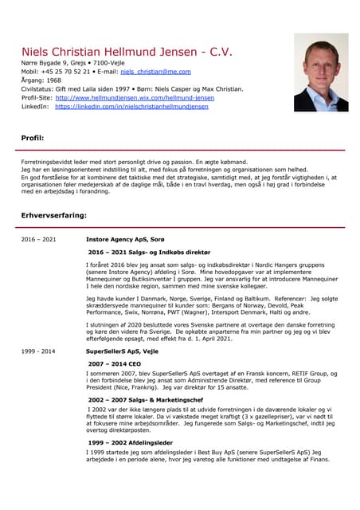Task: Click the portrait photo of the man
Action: click(x=320, y=73)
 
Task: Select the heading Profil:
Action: click(x=33, y=139)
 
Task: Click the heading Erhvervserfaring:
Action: click(x=54, y=215)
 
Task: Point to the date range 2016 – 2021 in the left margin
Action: click(x=38, y=239)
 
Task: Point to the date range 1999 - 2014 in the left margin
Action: click(x=38, y=351)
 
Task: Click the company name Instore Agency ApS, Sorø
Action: click(x=124, y=239)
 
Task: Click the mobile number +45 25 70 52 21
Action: click(x=67, y=71)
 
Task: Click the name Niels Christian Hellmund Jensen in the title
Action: click(x=111, y=51)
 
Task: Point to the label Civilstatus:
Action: click(x=38, y=88)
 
